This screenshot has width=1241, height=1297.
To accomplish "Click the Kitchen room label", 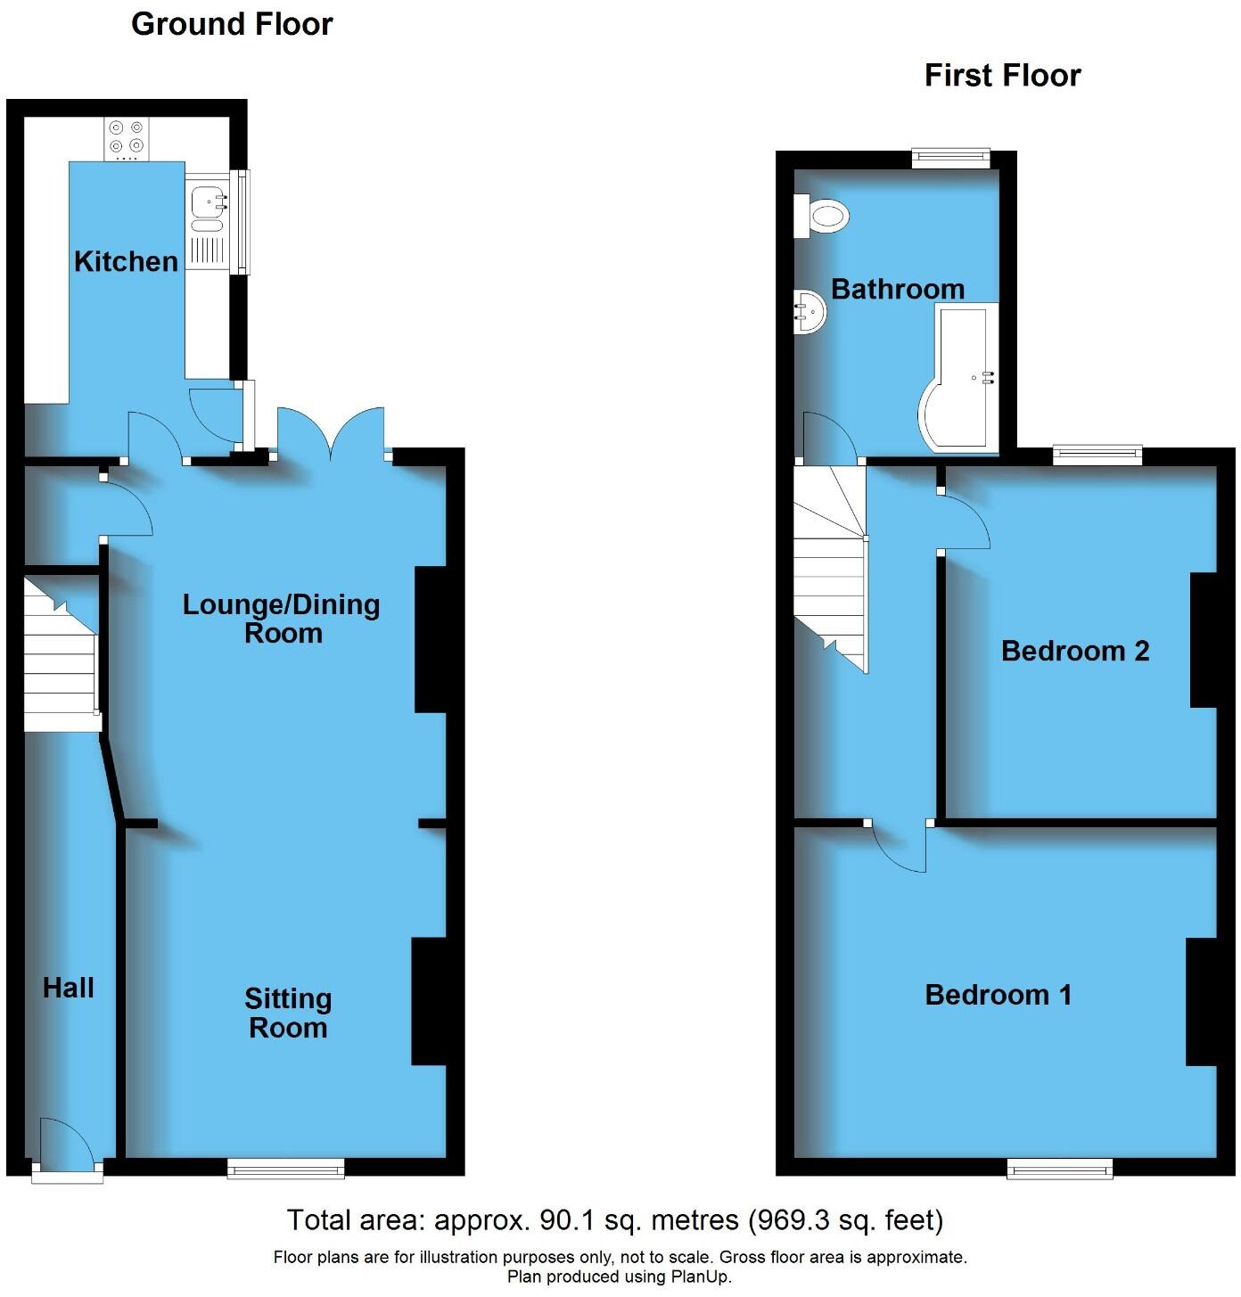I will pos(126,261).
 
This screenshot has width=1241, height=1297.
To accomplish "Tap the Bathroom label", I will pos(898,289).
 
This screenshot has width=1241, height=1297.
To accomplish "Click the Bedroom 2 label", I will pos(1074,651).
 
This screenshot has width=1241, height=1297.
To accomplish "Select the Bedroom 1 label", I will pos(998,994).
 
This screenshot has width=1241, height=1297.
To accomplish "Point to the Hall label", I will pos(69,988).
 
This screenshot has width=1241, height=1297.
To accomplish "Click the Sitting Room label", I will pos(288,1014).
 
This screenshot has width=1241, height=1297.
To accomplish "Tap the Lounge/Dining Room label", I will pos(282,619).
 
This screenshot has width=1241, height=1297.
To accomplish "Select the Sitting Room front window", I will pos(285,1168).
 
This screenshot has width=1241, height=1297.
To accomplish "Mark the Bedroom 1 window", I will pos(1060,1168).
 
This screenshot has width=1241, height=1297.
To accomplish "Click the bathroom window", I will pos(951,159).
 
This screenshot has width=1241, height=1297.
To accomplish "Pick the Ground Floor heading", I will pos(232,24).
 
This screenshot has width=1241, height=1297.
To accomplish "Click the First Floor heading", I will pos(1002,76).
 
